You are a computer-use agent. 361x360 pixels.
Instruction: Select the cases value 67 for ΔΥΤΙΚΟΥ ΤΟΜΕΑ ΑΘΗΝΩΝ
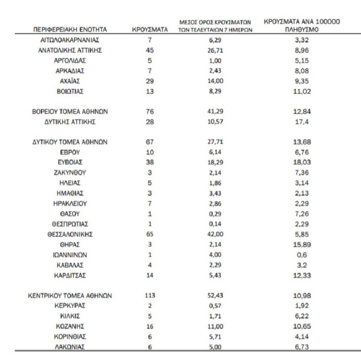(150, 143)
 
